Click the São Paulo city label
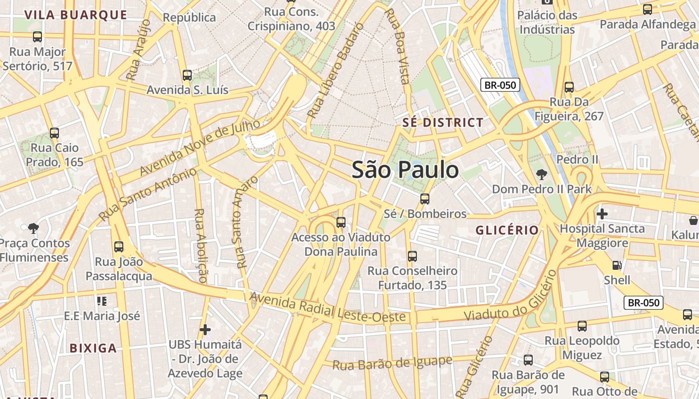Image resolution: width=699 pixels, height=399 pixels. [x=405, y=170]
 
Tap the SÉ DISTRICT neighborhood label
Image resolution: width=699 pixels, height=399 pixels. [x=443, y=123]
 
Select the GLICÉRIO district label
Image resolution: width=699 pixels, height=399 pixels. [x=507, y=230]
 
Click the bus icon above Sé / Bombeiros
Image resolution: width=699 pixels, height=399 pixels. [x=424, y=199]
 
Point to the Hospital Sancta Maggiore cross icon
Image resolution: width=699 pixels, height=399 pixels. [x=602, y=214]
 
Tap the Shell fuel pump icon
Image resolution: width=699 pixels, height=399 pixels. [x=617, y=265]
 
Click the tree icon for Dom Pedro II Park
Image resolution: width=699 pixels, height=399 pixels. [x=541, y=175]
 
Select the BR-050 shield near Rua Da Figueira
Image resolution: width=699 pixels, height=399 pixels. [x=500, y=85]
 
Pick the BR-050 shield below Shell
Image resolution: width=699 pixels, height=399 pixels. [x=644, y=303]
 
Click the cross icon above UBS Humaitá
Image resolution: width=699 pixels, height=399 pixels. [x=205, y=330]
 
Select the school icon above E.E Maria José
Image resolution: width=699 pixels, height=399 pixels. [x=102, y=301]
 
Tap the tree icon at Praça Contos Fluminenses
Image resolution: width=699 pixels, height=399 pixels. [x=33, y=229]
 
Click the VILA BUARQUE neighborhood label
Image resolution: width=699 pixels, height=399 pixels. [x=76, y=15]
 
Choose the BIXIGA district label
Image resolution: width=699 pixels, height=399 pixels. [x=93, y=348]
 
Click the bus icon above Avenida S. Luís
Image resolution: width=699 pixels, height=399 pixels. [x=187, y=75]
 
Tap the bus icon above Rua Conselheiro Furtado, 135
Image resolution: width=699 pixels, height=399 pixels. [x=412, y=256]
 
